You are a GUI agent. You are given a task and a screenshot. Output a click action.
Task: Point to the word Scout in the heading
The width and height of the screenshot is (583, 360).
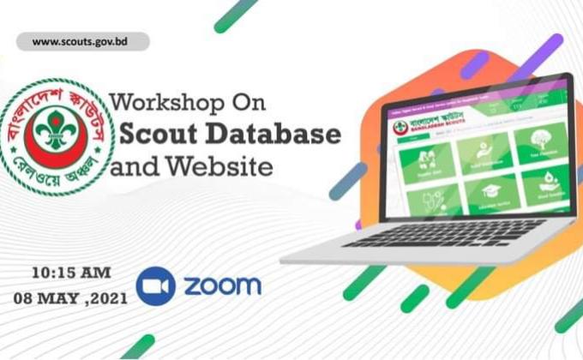(x=159, y=134)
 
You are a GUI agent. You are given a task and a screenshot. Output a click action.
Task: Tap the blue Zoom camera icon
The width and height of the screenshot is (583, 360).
(x=156, y=285)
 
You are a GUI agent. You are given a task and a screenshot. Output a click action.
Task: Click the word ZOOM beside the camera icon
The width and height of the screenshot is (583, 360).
(x=220, y=285)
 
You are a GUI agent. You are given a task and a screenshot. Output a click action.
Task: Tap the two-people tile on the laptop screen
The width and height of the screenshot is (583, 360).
(x=427, y=158)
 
